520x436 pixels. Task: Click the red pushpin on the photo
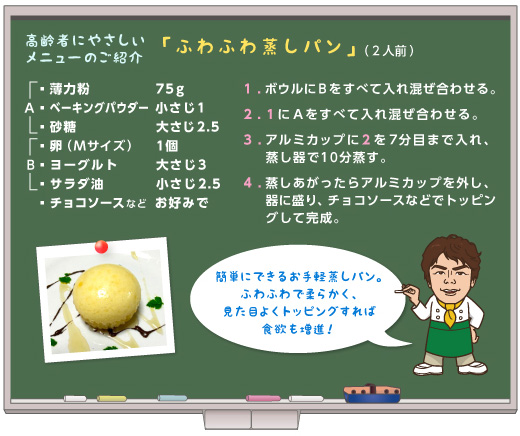click(x=101, y=247)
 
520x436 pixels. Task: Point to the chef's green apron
click(x=450, y=338)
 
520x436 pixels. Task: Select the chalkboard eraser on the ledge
click(x=372, y=393)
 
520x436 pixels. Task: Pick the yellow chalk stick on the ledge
click(x=111, y=398)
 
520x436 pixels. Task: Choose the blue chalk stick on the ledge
click(x=172, y=398)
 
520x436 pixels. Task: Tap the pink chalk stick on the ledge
click(x=263, y=398)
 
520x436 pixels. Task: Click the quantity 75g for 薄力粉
click(x=170, y=89)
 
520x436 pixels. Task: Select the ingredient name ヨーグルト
click(x=83, y=165)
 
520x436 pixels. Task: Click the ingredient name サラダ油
click(x=77, y=184)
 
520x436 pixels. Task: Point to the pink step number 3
click(x=247, y=140)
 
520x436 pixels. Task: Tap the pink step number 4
click(x=247, y=183)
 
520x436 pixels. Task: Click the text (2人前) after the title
click(x=389, y=51)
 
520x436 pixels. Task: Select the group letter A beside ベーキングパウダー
click(x=29, y=108)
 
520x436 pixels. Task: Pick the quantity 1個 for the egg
click(x=167, y=146)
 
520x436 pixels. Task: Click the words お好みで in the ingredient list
click(x=182, y=203)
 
